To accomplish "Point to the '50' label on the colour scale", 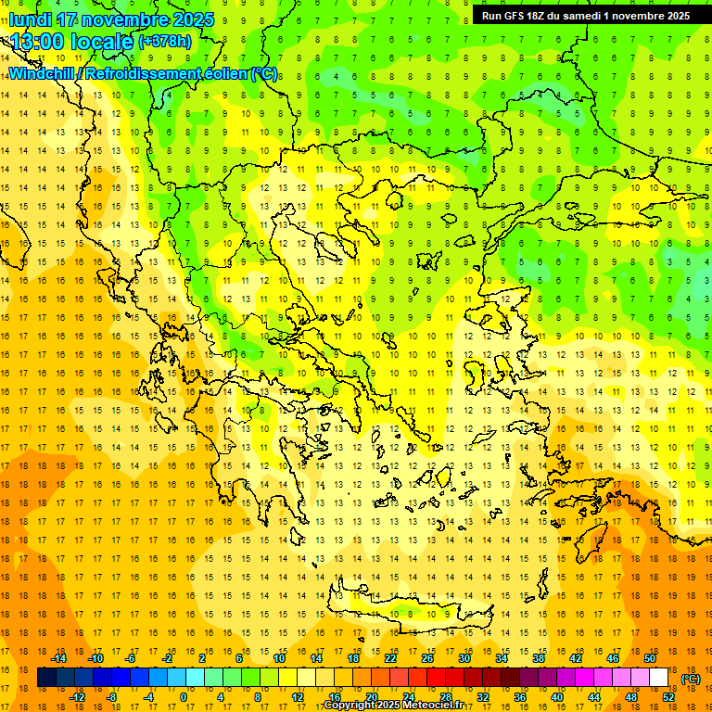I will point(649,658).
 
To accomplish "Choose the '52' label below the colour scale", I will point(668,696).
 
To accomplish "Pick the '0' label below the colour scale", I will point(184,696).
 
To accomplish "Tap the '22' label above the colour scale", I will point(390,658).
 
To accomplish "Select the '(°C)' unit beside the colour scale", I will point(692,678).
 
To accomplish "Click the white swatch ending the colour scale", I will point(659,678).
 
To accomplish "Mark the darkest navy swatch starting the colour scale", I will point(46,678).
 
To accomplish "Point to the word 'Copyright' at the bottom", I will point(350,706).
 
